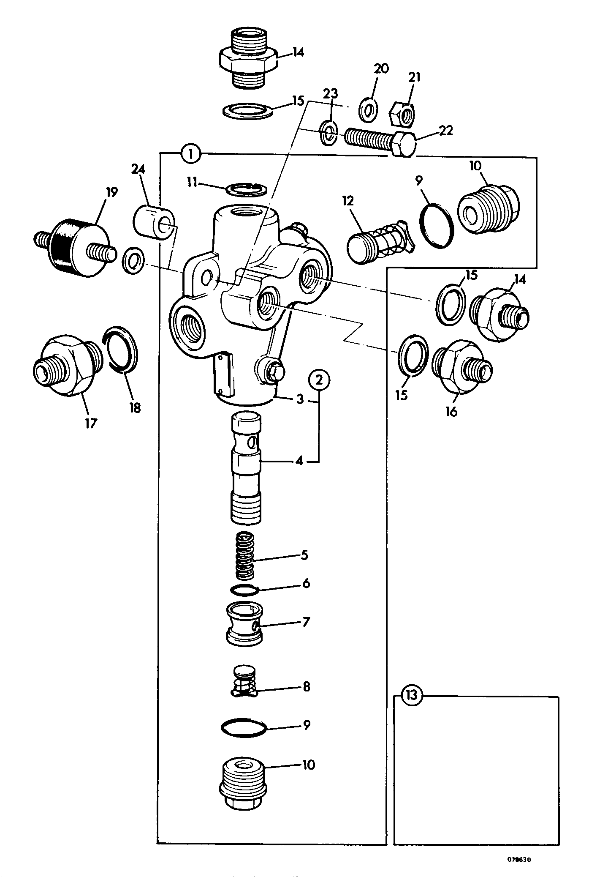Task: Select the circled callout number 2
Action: point(319,380)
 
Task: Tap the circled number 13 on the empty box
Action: point(412,696)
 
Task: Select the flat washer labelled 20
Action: point(369,110)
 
